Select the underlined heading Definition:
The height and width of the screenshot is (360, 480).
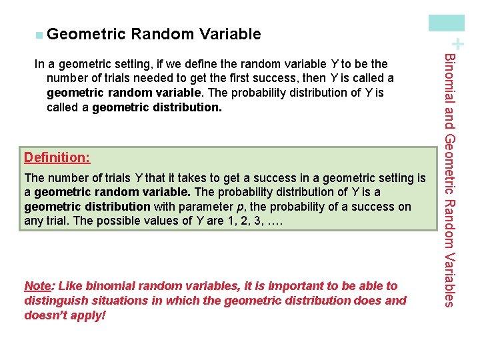(57, 158)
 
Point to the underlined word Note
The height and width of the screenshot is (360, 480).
(36, 286)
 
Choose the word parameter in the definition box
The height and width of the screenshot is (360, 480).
(199, 207)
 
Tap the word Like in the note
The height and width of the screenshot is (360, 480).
(70, 286)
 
